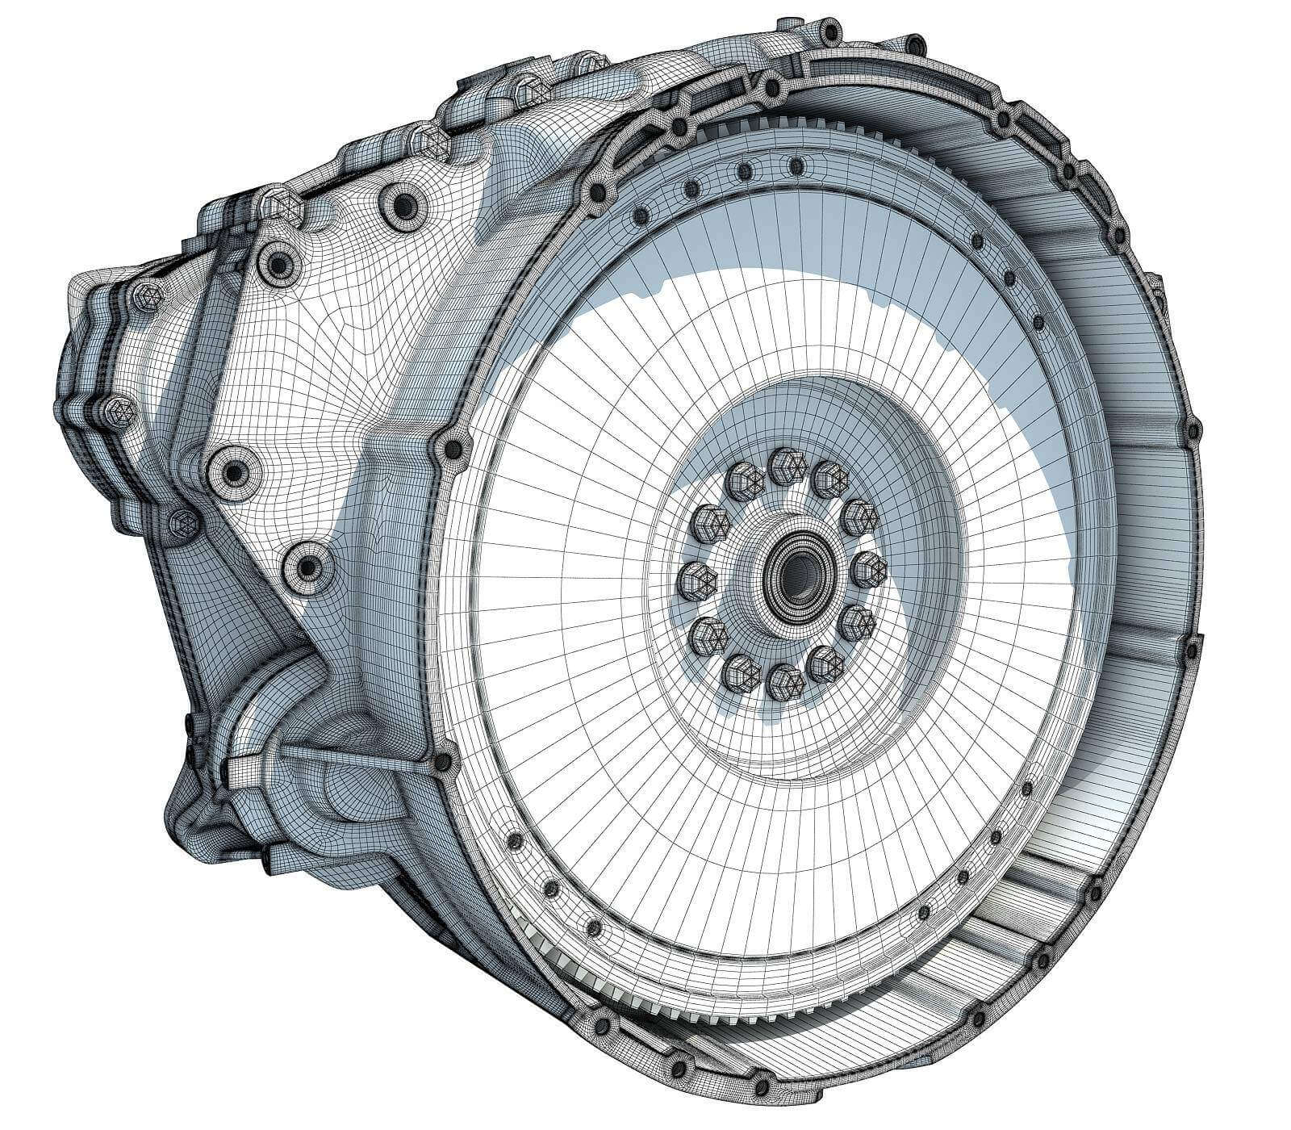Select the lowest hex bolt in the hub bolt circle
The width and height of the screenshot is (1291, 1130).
pyautogui.click(x=784, y=683)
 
